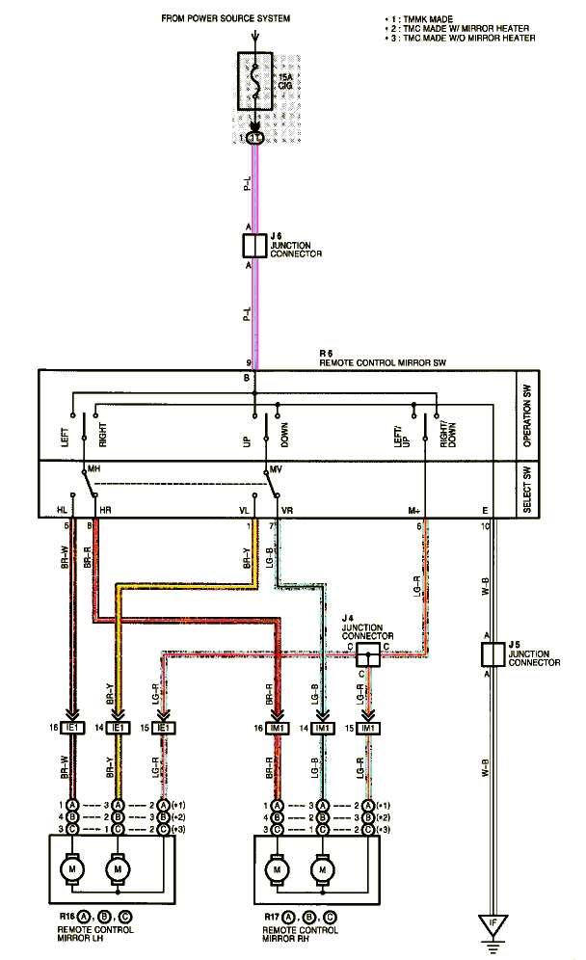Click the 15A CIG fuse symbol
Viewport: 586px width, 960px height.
(x=254, y=86)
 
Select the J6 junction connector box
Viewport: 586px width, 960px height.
(x=254, y=246)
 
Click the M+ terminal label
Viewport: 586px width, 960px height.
(x=416, y=509)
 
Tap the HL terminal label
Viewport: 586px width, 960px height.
(x=64, y=509)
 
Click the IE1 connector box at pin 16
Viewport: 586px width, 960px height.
(x=72, y=728)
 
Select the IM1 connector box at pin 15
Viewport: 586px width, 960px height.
(x=369, y=728)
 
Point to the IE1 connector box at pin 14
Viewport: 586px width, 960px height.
(x=118, y=728)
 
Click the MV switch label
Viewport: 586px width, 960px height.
(x=276, y=469)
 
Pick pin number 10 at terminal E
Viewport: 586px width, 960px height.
(x=486, y=525)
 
